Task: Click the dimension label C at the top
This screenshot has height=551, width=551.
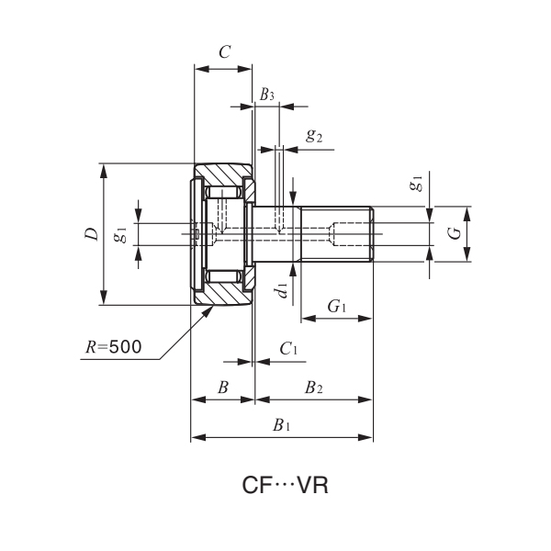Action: coord(224,52)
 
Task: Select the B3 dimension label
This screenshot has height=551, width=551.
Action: coord(266,95)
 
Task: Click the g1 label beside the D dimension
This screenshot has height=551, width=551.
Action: coord(119,234)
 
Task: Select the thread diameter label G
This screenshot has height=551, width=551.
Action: coord(454,234)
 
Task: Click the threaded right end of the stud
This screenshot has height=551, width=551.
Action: coord(353,234)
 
